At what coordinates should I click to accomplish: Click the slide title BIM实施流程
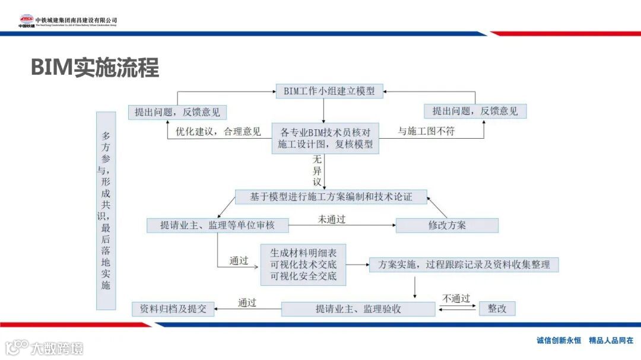[x=95, y=68]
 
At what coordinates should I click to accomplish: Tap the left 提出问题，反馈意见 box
[x=177, y=111]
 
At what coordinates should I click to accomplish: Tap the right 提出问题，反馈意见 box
[x=475, y=111]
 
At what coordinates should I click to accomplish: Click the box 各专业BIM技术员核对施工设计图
[x=325, y=138]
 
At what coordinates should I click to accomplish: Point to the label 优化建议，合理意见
[x=218, y=132]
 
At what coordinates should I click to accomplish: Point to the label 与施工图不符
[x=426, y=131]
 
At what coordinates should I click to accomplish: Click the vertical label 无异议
[x=318, y=171]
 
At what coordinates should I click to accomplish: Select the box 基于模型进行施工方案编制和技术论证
[x=331, y=197]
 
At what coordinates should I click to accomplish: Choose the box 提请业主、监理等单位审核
[x=217, y=225]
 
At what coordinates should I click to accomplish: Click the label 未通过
[x=331, y=219]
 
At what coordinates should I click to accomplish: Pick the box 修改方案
[x=447, y=225]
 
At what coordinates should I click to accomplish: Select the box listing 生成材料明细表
[x=303, y=265]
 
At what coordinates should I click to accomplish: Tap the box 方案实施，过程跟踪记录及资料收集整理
[x=464, y=265]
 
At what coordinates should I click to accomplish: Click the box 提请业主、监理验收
[x=358, y=309]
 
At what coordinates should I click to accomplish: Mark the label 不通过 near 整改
[x=456, y=298]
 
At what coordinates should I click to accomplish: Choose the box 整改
[x=497, y=309]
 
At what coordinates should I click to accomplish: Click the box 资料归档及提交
[x=173, y=309]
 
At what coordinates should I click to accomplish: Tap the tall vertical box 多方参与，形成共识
[x=106, y=211]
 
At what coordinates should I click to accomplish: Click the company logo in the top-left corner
[x=27, y=21]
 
